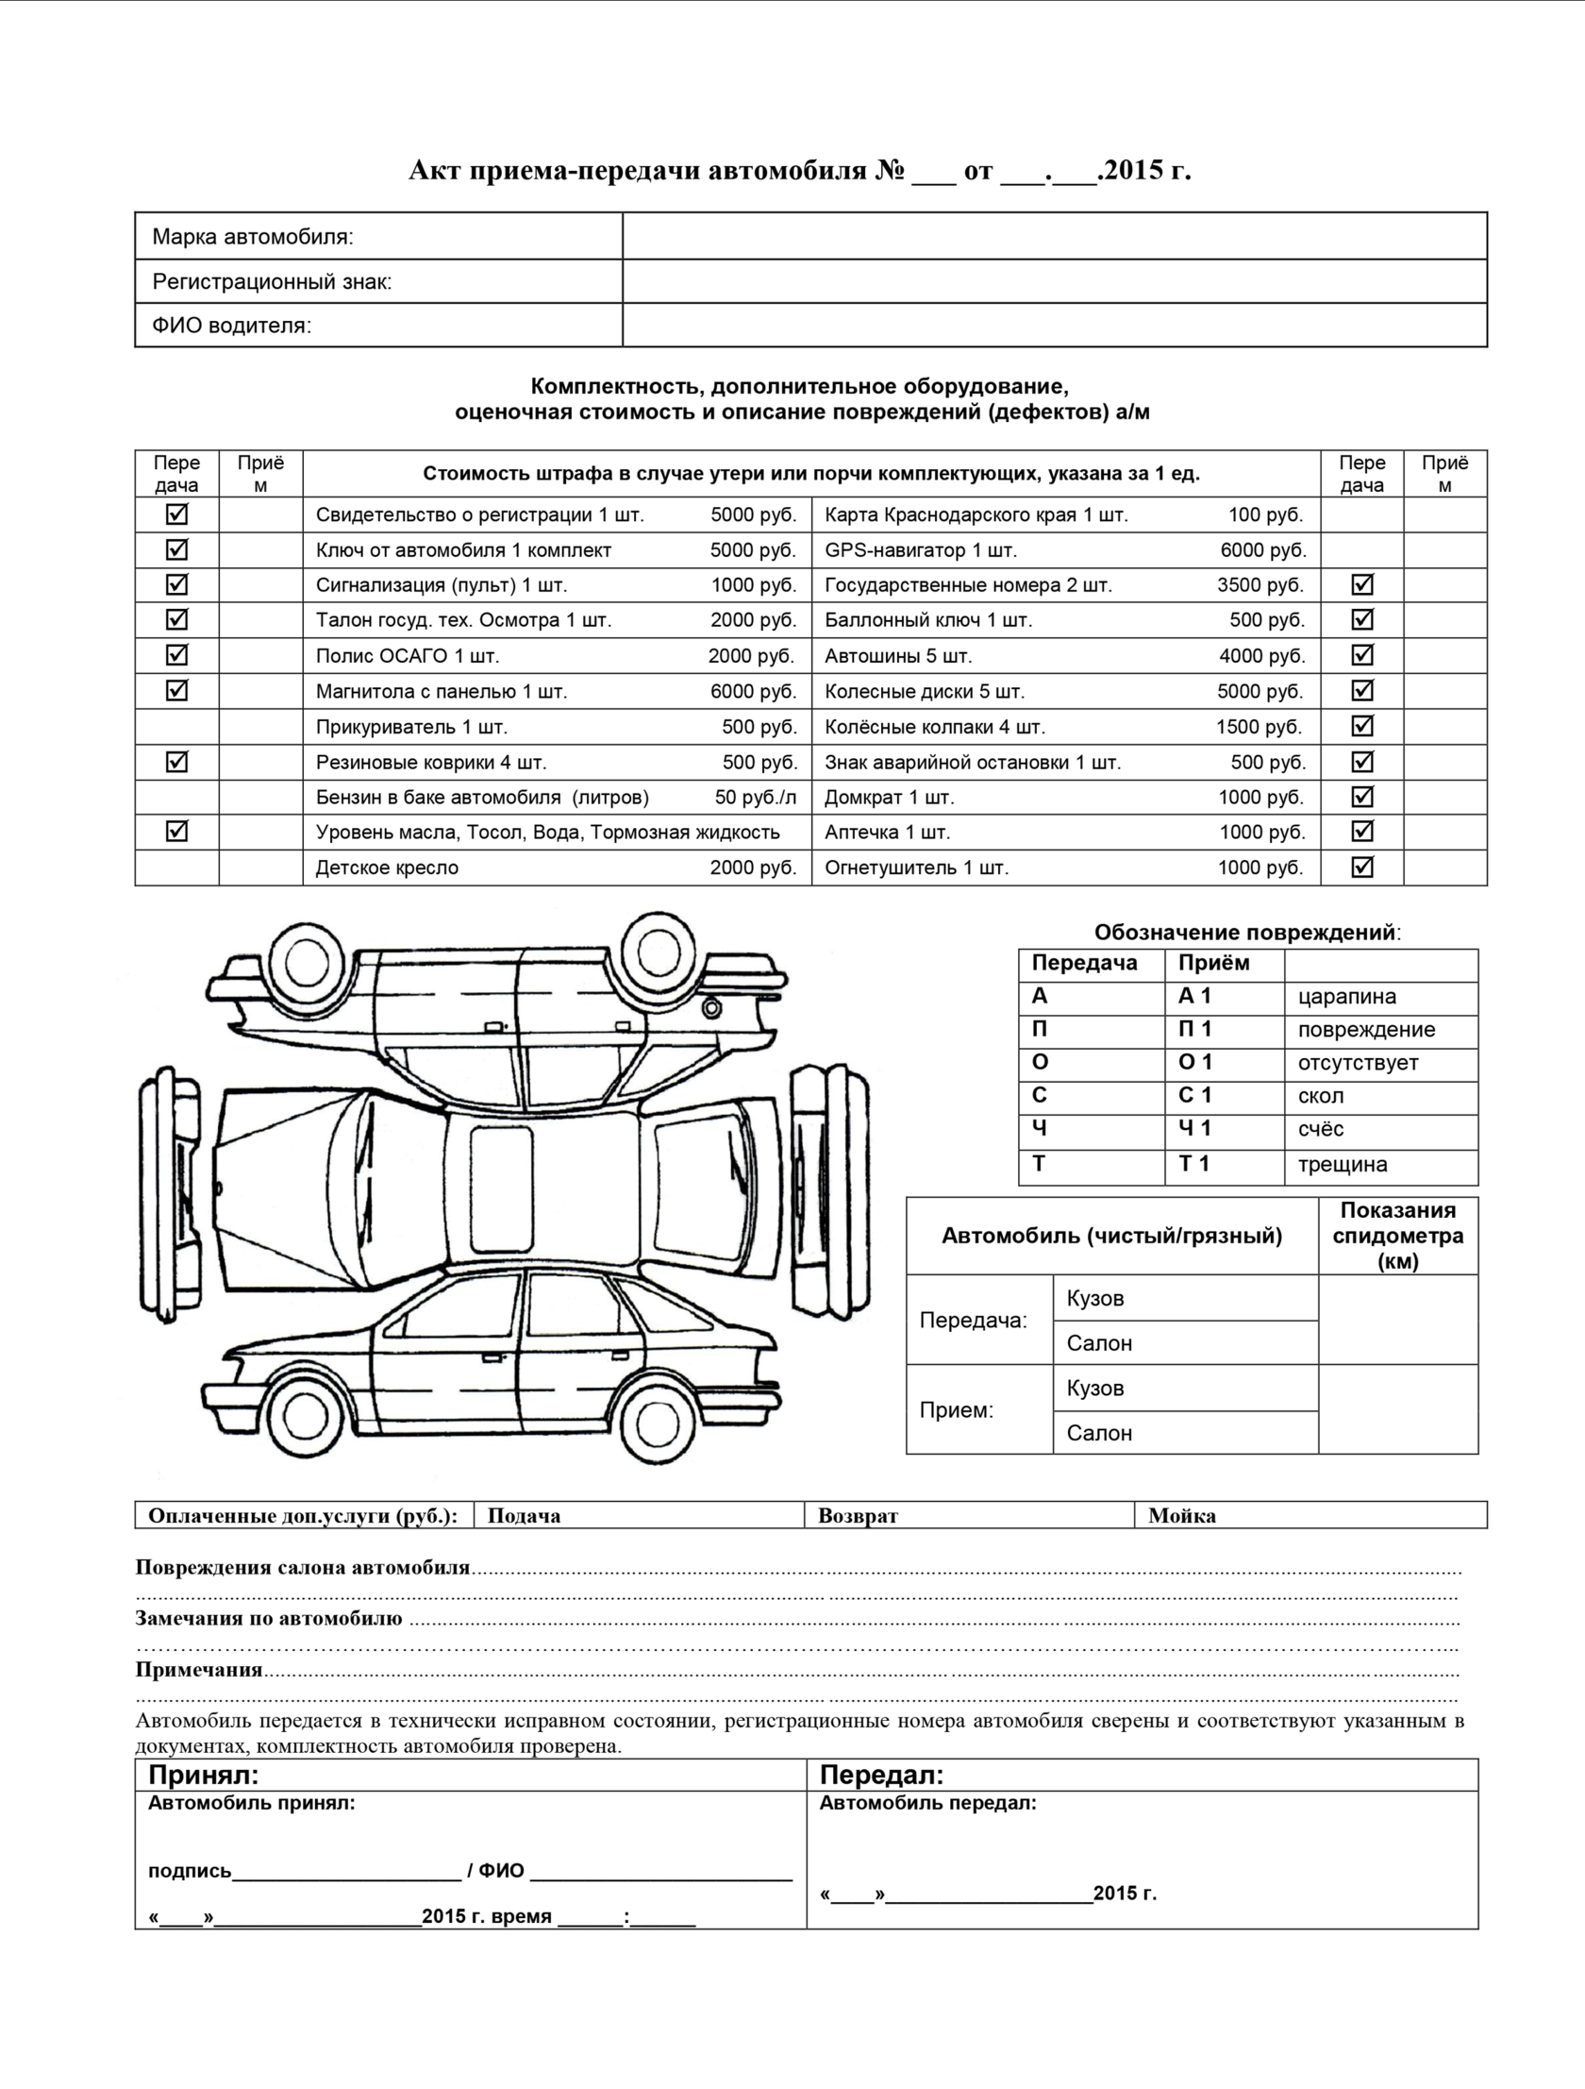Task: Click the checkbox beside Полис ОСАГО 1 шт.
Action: [x=176, y=654]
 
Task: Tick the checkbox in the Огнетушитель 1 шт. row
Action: [x=1361, y=866]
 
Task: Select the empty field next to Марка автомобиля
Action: [x=1054, y=236]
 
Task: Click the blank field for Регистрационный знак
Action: [x=1054, y=281]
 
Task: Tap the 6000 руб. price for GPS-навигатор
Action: [x=1262, y=549]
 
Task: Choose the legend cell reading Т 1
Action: [x=1194, y=1164]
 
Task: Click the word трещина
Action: [x=1342, y=1165]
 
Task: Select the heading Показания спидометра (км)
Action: [x=1397, y=1236]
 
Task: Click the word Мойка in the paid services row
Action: [x=1181, y=1516]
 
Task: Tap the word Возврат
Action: [x=858, y=1516]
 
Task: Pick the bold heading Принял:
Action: [x=203, y=1775]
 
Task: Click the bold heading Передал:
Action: [x=881, y=1775]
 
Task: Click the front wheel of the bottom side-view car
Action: [x=306, y=1417]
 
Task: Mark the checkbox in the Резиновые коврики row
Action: [x=176, y=761]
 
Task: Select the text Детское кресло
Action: [x=387, y=868]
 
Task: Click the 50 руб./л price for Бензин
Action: [x=755, y=797]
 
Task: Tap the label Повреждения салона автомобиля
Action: [x=302, y=1568]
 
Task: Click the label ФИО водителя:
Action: [x=231, y=326]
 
